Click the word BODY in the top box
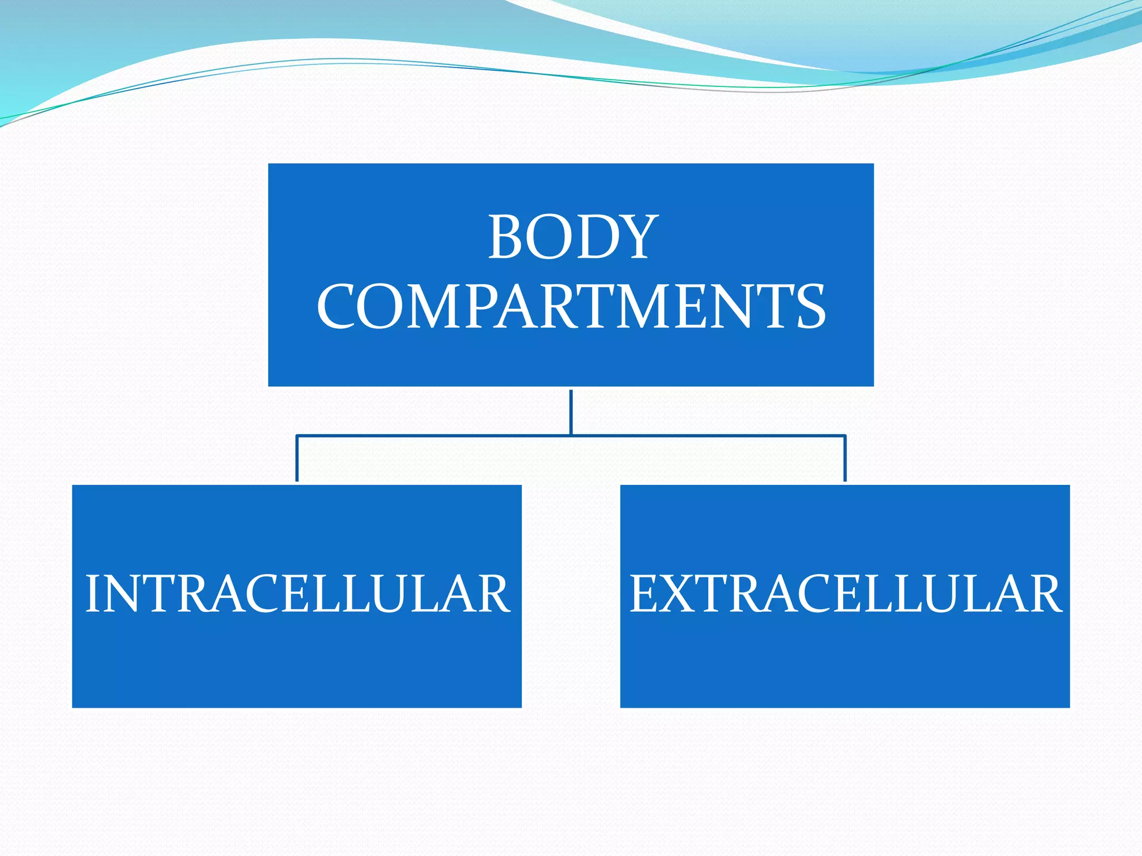coord(573,238)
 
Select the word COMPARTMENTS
coord(571,307)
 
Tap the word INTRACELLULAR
coord(297,594)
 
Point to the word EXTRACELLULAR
coord(845,594)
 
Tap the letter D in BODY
coord(594,238)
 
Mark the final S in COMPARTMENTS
coord(811,307)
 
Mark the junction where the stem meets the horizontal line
coord(571,435)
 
